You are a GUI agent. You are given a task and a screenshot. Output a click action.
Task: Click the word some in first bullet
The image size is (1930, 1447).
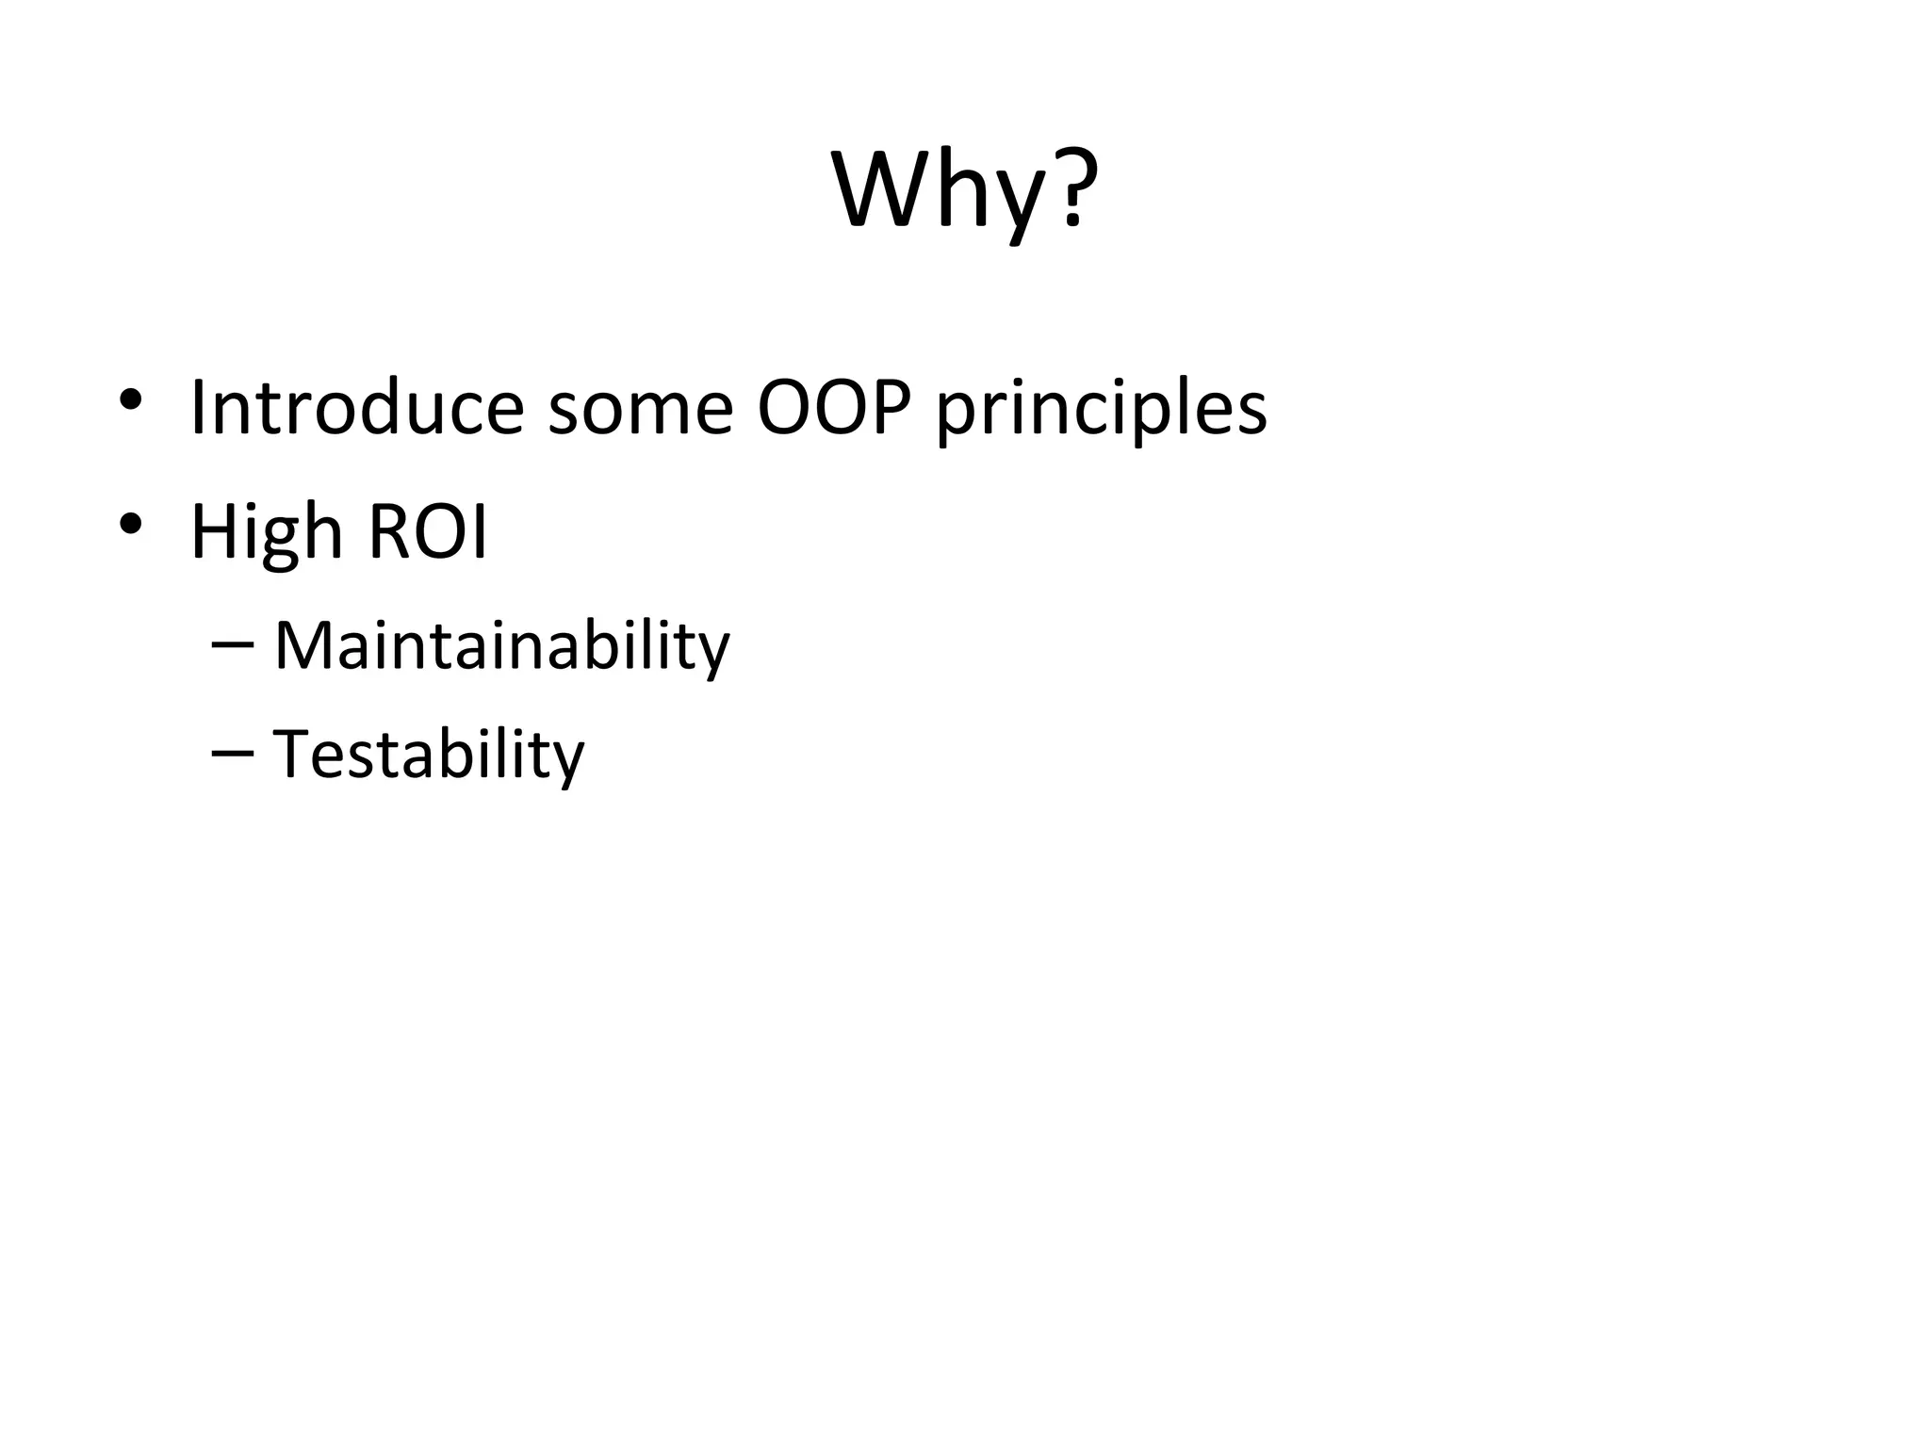tap(640, 409)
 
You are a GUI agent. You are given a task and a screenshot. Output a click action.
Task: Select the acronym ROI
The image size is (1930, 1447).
tap(427, 531)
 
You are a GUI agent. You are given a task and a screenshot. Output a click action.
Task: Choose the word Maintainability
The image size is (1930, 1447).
tap(501, 646)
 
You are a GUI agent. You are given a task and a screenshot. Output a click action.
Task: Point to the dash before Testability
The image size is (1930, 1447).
tap(233, 753)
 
